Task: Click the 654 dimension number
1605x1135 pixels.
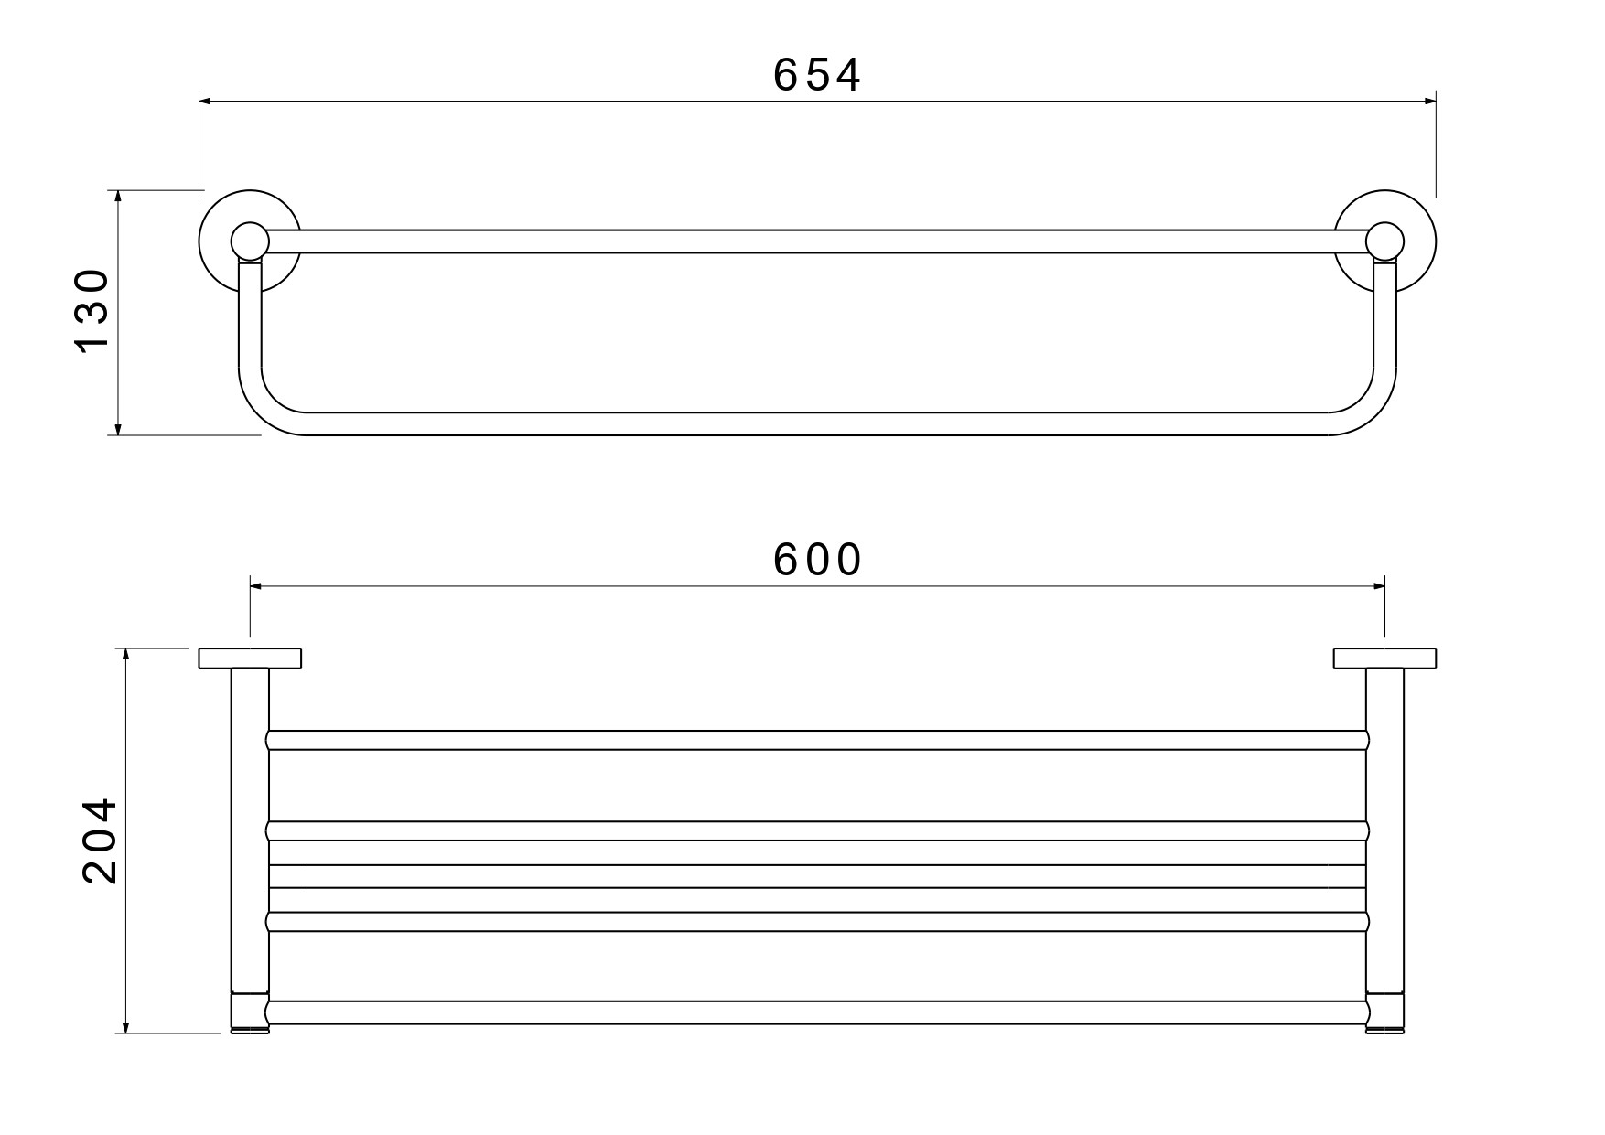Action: point(816,75)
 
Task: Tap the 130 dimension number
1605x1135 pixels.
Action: point(92,311)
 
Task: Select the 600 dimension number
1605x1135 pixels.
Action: point(817,560)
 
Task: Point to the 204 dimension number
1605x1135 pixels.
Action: point(99,841)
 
